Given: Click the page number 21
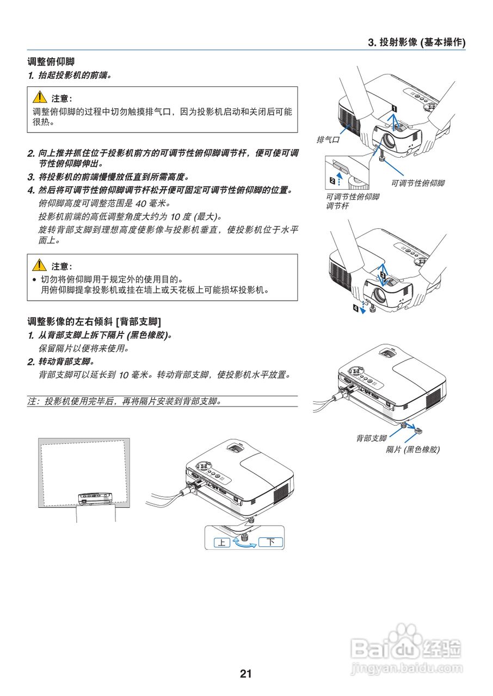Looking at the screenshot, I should (x=246, y=674).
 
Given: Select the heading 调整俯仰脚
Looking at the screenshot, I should (x=51, y=63).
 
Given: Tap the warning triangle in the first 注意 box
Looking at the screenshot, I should (x=40, y=97).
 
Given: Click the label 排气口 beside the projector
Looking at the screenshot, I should (x=328, y=140).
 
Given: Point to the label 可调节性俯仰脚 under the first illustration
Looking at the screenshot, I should (x=417, y=183).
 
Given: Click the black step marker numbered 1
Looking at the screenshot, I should (x=393, y=108).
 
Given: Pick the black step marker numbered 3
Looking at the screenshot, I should (x=383, y=276).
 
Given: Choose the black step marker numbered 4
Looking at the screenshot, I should (x=356, y=308).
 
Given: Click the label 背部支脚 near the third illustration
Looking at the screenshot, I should (x=371, y=438).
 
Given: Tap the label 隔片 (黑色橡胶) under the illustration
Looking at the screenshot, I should (x=412, y=449).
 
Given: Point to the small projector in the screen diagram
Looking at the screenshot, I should (x=95, y=498).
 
